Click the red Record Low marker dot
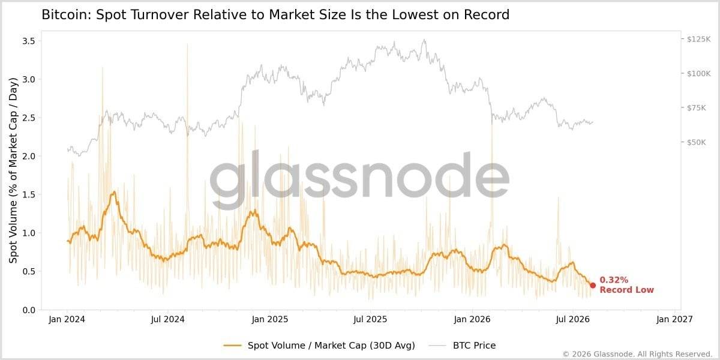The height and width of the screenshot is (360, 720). pyautogui.click(x=593, y=286)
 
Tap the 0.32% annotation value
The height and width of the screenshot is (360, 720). pyautogui.click(x=614, y=280)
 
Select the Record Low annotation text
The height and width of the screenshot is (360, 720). pyautogui.click(x=627, y=290)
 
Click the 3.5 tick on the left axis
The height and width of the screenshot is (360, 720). pyautogui.click(x=29, y=41)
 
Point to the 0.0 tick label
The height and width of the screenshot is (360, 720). pyautogui.click(x=29, y=310)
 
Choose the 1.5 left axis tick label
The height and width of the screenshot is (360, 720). pyautogui.click(x=29, y=195)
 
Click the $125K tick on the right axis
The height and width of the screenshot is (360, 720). pyautogui.click(x=699, y=39)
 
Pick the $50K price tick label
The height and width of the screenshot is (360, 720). pyautogui.click(x=697, y=142)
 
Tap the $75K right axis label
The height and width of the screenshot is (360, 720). pyautogui.click(x=697, y=108)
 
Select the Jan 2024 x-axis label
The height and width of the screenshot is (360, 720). pyautogui.click(x=67, y=319)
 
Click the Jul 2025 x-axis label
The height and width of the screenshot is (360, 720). pyautogui.click(x=370, y=319)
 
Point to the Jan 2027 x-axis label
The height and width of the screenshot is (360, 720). pyautogui.click(x=674, y=319)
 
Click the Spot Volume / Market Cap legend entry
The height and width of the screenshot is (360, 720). pyautogui.click(x=319, y=346)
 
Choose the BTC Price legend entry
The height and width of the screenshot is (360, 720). pyautogui.click(x=462, y=346)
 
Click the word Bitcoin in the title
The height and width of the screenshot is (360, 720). pyautogui.click(x=67, y=15)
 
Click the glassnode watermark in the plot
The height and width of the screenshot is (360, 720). pyautogui.click(x=359, y=179)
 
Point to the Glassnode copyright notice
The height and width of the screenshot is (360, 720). pyautogui.click(x=637, y=354)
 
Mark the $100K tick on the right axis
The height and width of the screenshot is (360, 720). pyautogui.click(x=699, y=74)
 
